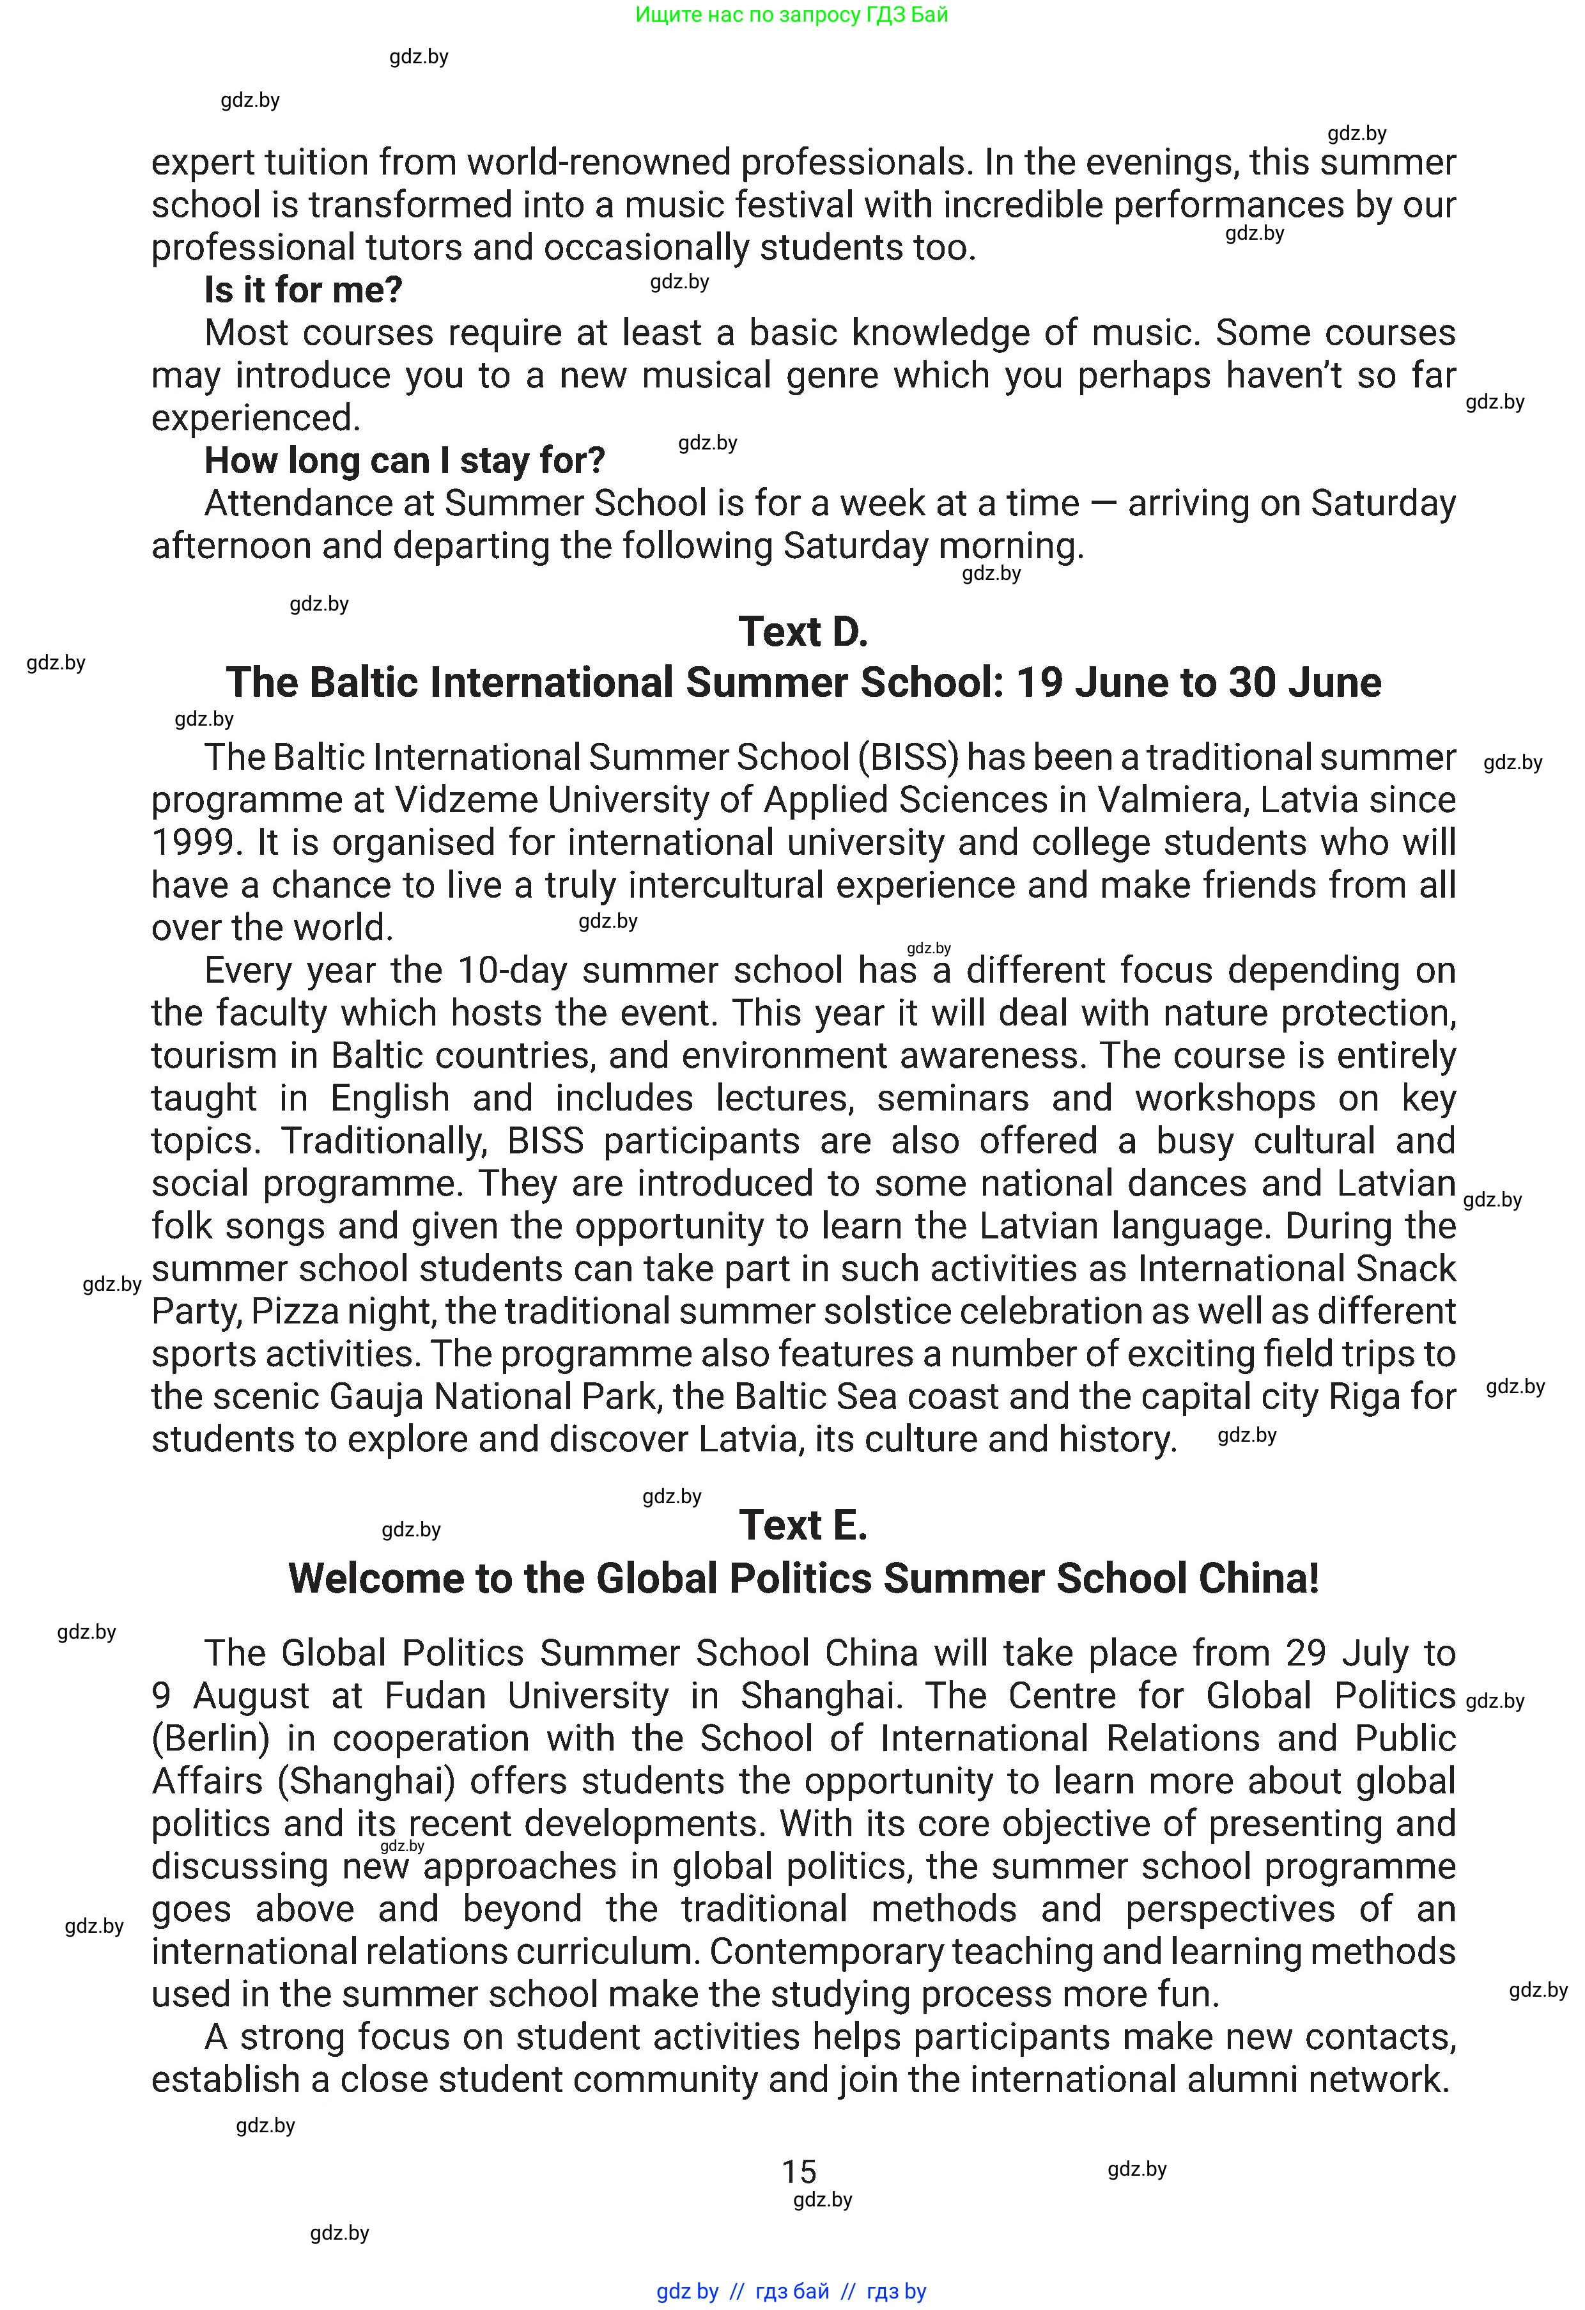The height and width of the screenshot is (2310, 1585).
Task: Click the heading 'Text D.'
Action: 803,632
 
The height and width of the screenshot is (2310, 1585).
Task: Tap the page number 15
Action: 799,2172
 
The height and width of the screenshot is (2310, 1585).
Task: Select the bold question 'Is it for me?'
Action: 303,290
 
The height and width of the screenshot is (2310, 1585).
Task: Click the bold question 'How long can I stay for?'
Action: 405,461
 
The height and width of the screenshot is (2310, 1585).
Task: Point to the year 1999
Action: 196,843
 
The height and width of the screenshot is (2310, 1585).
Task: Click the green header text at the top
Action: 792,15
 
